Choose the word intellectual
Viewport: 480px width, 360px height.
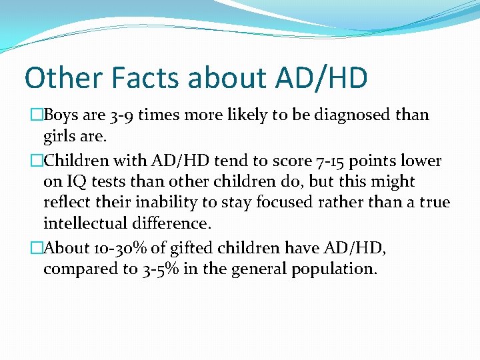(x=89, y=222)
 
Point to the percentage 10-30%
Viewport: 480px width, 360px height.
(x=120, y=248)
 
